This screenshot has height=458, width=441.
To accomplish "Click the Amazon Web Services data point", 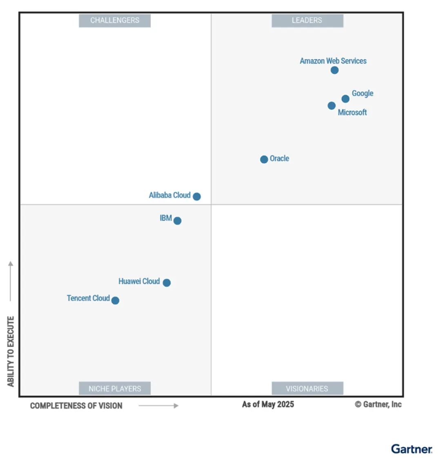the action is pyautogui.click(x=334, y=70).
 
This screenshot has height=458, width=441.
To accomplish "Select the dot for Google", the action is pyautogui.click(x=345, y=99).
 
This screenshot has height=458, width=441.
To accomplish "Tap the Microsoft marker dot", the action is pyautogui.click(x=331, y=106).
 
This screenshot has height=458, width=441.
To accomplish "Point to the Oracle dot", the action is pyautogui.click(x=264, y=159).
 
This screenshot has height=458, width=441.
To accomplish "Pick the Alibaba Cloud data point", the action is pyautogui.click(x=196, y=196).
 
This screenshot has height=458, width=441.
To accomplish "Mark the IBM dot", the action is pyautogui.click(x=177, y=220).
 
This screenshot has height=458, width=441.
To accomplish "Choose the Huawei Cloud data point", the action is pyautogui.click(x=167, y=283).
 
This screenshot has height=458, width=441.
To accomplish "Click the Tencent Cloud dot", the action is pyautogui.click(x=115, y=300).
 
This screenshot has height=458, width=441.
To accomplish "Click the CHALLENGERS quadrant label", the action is pyautogui.click(x=115, y=20).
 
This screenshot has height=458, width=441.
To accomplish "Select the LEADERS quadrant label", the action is pyautogui.click(x=307, y=20).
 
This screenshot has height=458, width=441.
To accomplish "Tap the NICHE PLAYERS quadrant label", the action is pyautogui.click(x=115, y=388).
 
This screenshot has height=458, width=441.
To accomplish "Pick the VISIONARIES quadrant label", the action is pyautogui.click(x=307, y=388).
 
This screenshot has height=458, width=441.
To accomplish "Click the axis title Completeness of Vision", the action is pyautogui.click(x=76, y=406).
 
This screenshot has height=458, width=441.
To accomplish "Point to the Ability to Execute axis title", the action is pyautogui.click(x=11, y=351).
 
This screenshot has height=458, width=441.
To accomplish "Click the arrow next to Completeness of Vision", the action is pyautogui.click(x=158, y=406).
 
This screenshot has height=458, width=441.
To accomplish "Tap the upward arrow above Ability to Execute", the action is pyautogui.click(x=11, y=281).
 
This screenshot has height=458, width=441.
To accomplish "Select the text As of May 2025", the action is pyautogui.click(x=268, y=404).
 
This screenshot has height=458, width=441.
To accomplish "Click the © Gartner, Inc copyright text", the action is pyautogui.click(x=378, y=404).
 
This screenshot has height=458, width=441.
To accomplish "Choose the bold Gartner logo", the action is pyautogui.click(x=412, y=449).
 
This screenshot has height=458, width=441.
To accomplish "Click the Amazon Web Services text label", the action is pyautogui.click(x=333, y=61).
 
